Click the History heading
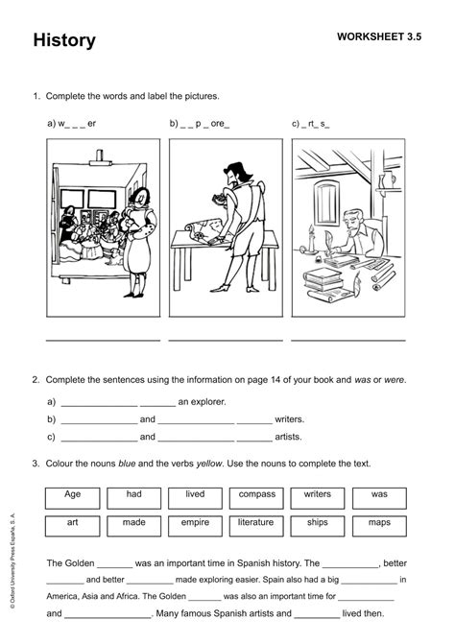64,40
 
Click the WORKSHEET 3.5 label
379,36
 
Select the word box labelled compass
256,496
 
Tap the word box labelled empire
195,525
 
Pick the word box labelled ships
318,525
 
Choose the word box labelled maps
379,525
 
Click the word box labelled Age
72,496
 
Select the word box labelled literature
256,525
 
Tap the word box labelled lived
195,496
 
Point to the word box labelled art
72,525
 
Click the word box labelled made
133,525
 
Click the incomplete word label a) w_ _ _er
72,124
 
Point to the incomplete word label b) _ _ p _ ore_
200,124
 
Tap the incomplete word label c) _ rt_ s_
311,124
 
